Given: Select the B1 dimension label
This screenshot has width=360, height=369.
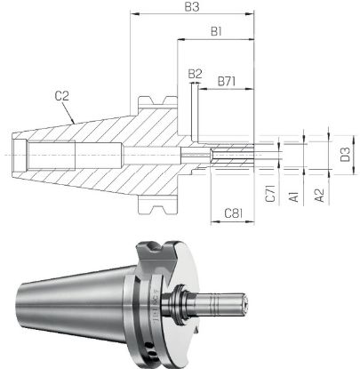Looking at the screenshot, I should click(x=215, y=33).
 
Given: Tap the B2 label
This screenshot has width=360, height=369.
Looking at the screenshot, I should click(x=196, y=74).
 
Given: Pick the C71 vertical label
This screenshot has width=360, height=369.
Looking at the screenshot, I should click(x=270, y=196).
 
